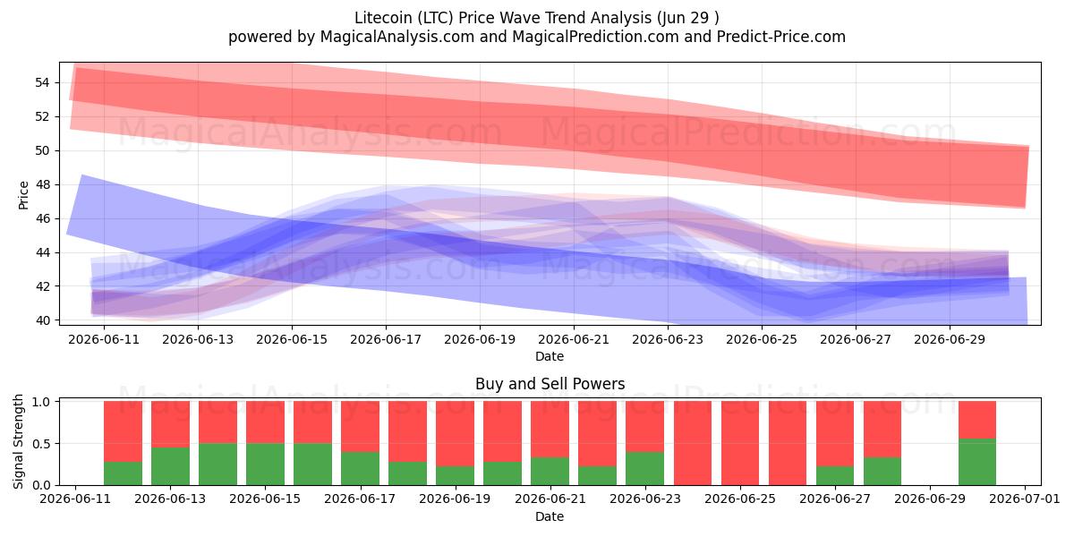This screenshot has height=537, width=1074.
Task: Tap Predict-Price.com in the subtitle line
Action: (x=781, y=37)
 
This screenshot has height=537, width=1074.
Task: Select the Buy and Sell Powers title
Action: (x=550, y=384)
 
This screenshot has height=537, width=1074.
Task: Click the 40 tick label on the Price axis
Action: (x=42, y=320)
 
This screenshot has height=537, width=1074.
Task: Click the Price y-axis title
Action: (x=23, y=195)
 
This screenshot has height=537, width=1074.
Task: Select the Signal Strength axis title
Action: (x=18, y=441)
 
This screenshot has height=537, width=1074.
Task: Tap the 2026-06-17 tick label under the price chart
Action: (x=386, y=339)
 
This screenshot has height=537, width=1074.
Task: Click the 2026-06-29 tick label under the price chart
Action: (x=950, y=339)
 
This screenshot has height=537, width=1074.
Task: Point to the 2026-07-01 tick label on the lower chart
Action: (x=1025, y=499)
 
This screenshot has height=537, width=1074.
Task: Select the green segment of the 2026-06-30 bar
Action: (x=977, y=462)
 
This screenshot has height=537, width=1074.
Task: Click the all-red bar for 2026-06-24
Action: (x=693, y=443)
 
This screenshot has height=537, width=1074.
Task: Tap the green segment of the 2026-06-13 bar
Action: (x=170, y=466)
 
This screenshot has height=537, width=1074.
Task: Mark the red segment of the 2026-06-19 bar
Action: (x=455, y=433)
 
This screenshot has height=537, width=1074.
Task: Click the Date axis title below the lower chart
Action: (x=550, y=516)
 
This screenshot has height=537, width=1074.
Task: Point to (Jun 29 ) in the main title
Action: (x=688, y=18)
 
